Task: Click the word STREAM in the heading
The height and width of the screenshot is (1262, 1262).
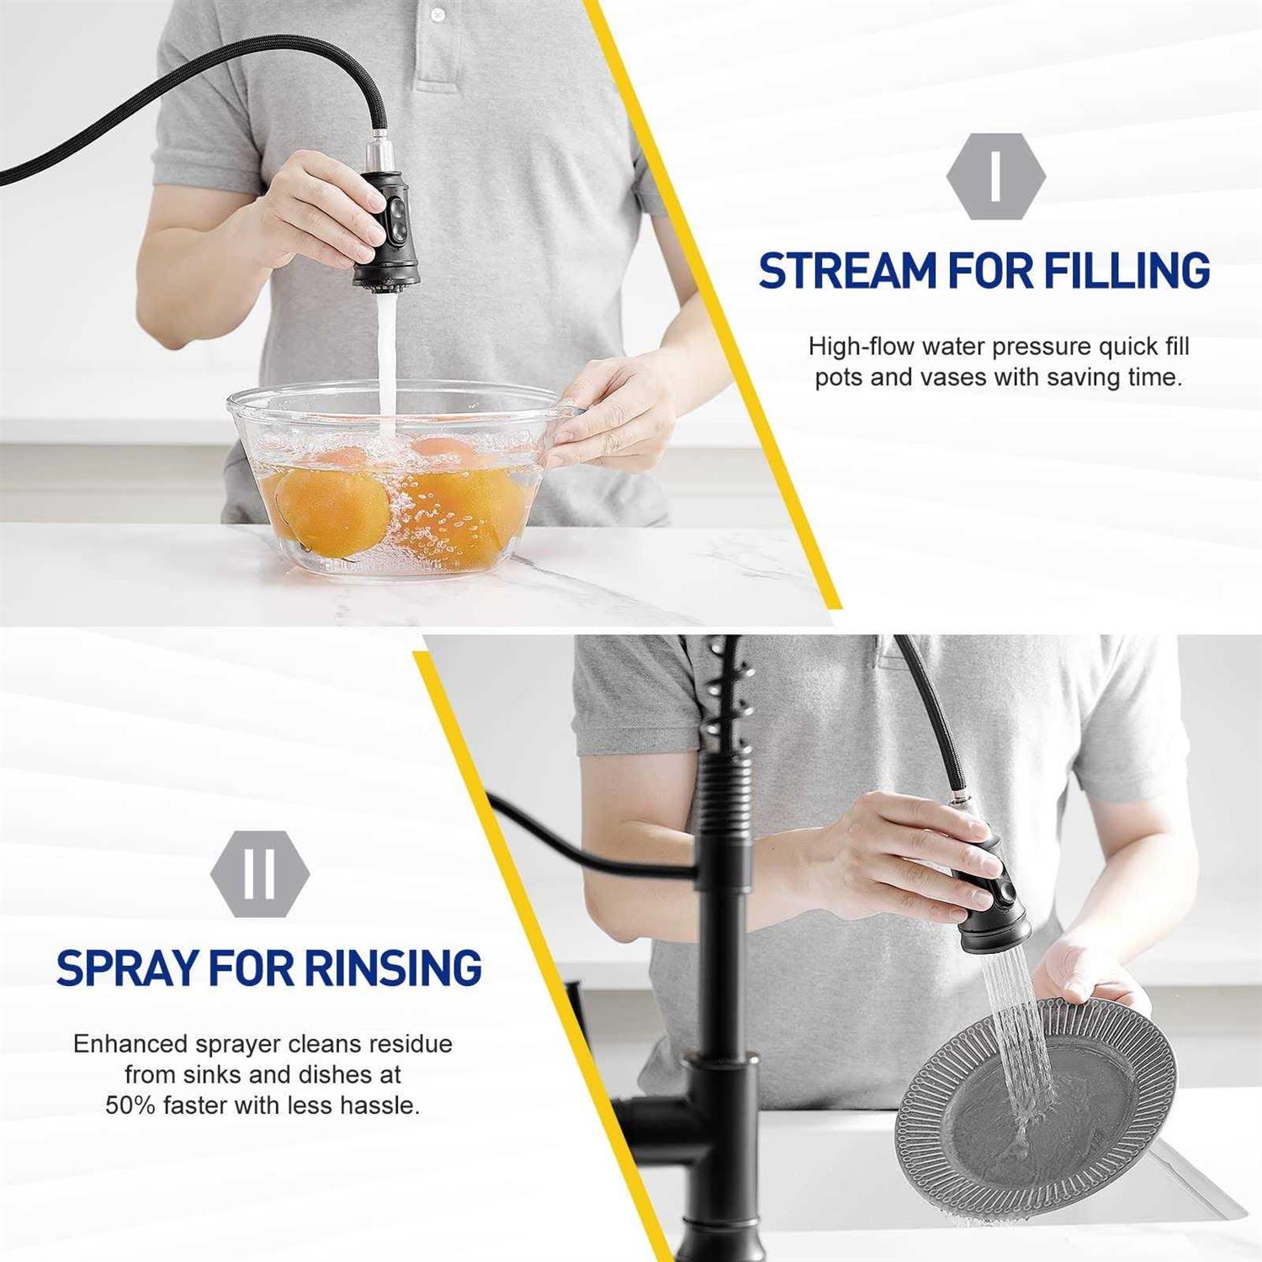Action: [848, 271]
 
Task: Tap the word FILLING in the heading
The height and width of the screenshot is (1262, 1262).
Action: [1127, 271]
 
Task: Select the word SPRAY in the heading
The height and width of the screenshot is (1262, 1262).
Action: [128, 968]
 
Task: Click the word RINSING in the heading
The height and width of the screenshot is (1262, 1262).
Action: [393, 968]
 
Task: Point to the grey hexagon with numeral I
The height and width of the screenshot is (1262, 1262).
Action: [996, 177]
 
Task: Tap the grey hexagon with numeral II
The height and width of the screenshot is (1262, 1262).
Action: [260, 874]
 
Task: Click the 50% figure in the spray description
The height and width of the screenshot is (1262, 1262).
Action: [130, 1105]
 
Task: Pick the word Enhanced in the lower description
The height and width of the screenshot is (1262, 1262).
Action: [130, 1044]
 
